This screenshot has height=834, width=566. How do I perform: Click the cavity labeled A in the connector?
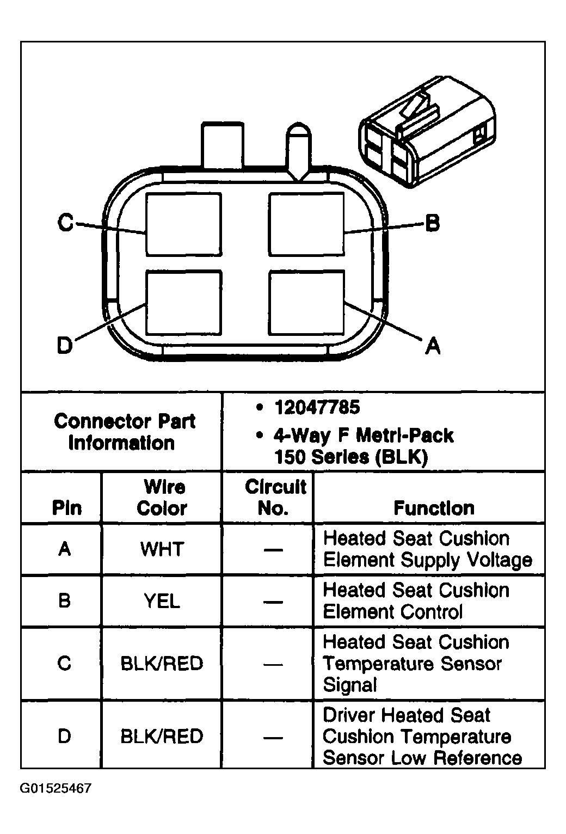tap(306, 303)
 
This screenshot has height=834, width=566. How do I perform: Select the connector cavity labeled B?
tap(306, 224)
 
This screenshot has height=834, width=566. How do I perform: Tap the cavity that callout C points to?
tap(184, 224)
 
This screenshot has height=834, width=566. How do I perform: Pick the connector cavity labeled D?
tap(184, 303)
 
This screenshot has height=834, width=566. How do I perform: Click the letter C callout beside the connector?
tap(65, 222)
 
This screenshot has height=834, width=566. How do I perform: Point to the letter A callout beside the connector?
tap(433, 346)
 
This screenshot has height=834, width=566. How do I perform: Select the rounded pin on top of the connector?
tap(298, 151)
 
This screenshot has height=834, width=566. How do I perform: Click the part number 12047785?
tap(317, 407)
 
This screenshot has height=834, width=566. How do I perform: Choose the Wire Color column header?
tap(162, 498)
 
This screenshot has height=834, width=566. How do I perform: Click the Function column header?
tap(434, 508)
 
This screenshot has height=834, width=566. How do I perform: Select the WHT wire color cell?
tap(162, 549)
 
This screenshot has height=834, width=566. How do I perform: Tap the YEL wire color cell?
tap(162, 600)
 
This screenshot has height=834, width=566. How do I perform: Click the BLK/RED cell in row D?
tap(162, 736)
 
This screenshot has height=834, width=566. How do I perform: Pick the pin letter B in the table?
tap(64, 600)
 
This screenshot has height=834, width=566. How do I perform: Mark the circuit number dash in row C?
tap(273, 664)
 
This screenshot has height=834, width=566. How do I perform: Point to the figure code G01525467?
tap(56, 788)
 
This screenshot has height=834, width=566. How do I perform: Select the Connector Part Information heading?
tap(124, 432)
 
